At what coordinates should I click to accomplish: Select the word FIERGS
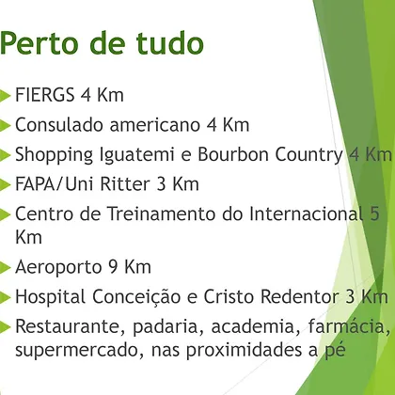click(x=44, y=95)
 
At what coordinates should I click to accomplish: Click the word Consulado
click(x=59, y=124)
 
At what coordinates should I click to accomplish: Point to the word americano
click(x=154, y=124)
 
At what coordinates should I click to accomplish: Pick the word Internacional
click(x=306, y=213)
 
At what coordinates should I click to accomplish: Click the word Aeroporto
click(x=58, y=267)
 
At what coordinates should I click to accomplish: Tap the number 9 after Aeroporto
click(x=113, y=267)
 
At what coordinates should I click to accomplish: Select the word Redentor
click(x=300, y=296)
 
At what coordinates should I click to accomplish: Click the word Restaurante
click(x=68, y=326)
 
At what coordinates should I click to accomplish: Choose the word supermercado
click(x=77, y=351)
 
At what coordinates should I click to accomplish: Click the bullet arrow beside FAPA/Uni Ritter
click(x=5, y=184)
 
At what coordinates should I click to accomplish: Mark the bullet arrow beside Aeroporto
click(x=5, y=267)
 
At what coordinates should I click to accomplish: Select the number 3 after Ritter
click(x=161, y=184)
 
